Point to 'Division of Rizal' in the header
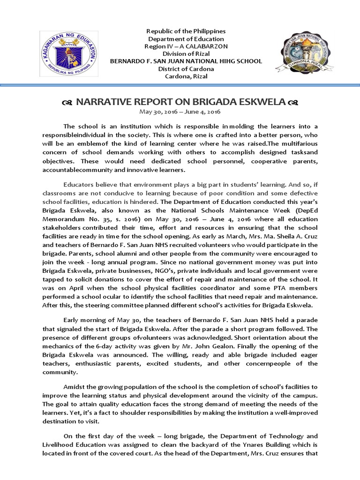186,54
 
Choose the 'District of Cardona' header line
186,69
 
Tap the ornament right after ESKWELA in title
293,103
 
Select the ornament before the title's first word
66,103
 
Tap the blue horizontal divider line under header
180,85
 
